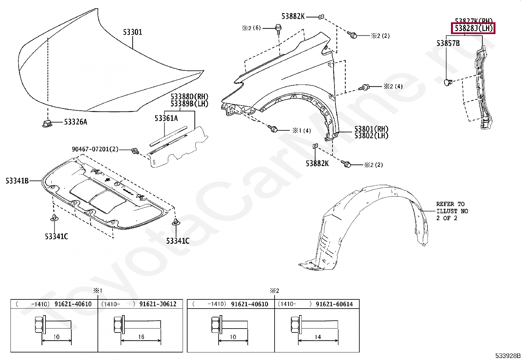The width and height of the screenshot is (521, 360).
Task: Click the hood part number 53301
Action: (x=133, y=32)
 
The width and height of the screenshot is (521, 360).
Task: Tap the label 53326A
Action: (x=75, y=122)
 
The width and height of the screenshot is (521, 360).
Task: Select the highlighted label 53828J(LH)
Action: (x=473, y=28)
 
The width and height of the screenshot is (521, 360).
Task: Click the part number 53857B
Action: (x=448, y=43)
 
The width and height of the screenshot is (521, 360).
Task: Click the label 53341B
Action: (x=17, y=180)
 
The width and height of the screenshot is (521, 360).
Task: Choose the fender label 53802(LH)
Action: (x=371, y=136)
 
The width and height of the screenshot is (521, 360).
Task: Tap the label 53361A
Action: (x=166, y=118)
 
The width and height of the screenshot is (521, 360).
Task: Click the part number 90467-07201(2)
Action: (x=95, y=149)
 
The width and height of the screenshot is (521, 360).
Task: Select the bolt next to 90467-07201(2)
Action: (x=135, y=151)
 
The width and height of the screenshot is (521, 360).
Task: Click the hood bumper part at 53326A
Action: (x=46, y=123)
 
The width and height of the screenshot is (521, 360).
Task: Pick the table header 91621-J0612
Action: (x=158, y=304)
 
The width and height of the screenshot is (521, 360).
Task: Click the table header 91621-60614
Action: (x=334, y=304)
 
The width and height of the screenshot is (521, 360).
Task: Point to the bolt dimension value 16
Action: (x=141, y=337)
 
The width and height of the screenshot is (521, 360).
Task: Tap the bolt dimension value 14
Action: (x=317, y=337)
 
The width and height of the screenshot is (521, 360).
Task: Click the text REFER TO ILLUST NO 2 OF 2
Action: (x=452, y=211)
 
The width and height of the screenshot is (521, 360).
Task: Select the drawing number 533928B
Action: (x=507, y=356)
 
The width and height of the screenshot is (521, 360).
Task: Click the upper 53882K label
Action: (x=293, y=16)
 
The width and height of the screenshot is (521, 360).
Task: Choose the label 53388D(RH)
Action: (x=189, y=97)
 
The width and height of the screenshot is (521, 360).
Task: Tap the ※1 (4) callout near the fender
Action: (x=302, y=131)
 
